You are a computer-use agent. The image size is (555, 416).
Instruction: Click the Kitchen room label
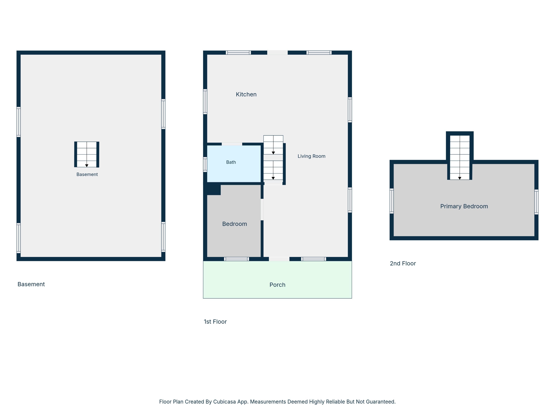tap(246, 94)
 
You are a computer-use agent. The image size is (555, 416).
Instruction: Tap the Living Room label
tap(311, 156)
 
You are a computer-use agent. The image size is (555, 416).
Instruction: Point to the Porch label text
tap(277, 285)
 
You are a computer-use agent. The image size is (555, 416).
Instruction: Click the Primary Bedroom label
tap(464, 206)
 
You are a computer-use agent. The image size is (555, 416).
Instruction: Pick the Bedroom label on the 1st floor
tap(235, 224)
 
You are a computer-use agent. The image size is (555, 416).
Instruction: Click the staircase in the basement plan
tap(87, 154)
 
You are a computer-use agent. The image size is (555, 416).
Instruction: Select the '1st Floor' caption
tap(215, 322)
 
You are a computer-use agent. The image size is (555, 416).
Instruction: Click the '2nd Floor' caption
tap(403, 264)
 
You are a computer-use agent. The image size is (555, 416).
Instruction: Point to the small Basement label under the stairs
tap(87, 174)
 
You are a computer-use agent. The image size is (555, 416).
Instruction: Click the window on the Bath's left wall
tap(205, 165)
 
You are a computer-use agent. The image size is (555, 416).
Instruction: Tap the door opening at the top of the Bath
tap(232, 144)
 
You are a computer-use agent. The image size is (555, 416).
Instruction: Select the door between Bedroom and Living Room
tap(262, 210)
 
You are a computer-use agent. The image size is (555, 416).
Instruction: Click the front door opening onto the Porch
tap(279, 259)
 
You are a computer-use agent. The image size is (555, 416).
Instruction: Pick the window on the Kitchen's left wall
tap(205, 102)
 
